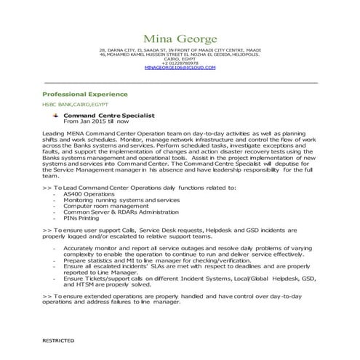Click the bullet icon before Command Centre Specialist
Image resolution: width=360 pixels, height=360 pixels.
coord(55,115)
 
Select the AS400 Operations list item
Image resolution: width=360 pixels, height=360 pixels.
coord(88,195)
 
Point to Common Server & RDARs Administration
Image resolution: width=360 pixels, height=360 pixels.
coord(116,211)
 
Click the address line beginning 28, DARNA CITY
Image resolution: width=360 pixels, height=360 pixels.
coord(180,49)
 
